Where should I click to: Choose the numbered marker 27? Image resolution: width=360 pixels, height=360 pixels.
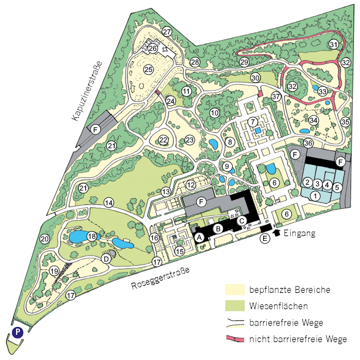pos(168,31)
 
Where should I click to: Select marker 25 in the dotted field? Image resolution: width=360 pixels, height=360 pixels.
pos(148,69)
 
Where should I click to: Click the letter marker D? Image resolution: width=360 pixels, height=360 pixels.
pos(106,258)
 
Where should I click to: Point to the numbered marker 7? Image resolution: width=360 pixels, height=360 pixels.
pos(253,122)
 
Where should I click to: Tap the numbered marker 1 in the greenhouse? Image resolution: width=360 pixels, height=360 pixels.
pos(314,196)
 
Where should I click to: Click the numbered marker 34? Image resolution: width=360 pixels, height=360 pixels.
pos(314,120)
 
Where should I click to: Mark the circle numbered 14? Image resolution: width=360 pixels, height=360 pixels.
pos(109,202)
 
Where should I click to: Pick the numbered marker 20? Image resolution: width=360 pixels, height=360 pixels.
pos(45,239)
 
